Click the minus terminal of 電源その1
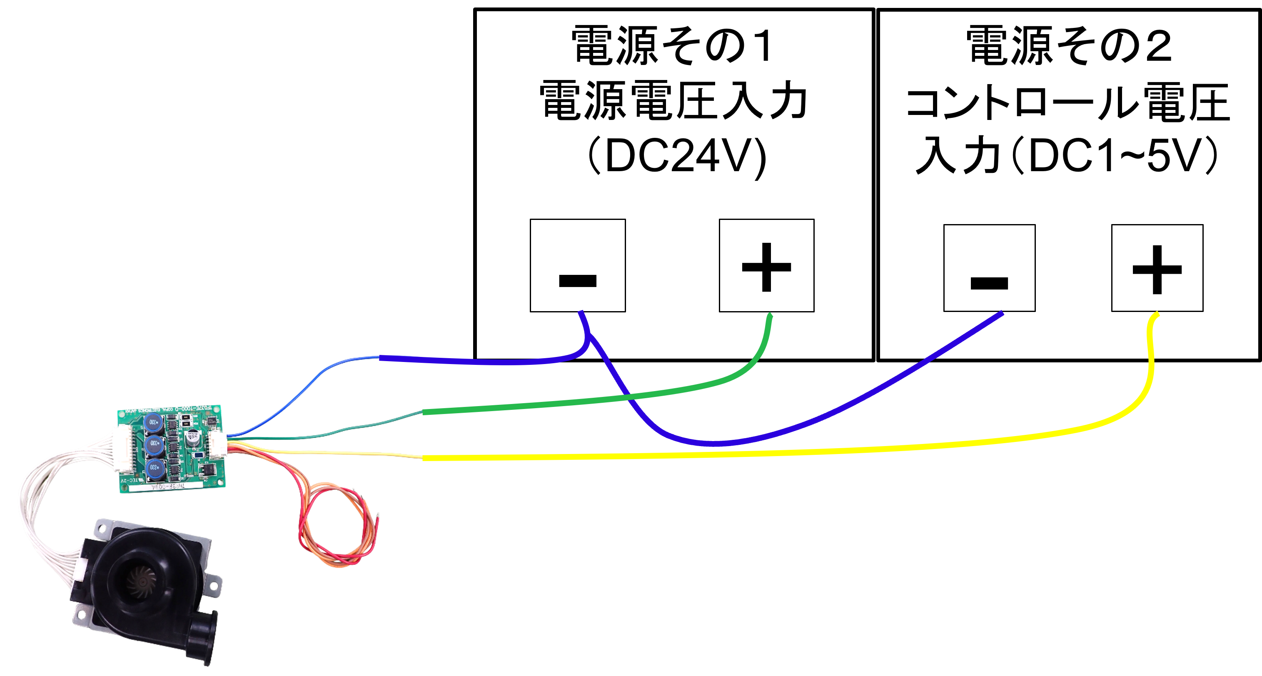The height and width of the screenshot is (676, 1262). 578,265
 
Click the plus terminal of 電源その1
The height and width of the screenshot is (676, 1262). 766,265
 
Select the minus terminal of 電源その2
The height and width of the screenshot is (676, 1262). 989,267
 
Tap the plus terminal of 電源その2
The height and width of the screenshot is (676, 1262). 1157,267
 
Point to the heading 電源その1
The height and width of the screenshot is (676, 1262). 672,46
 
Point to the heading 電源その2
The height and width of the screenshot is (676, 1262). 1069,46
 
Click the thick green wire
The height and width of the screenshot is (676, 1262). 588,401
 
